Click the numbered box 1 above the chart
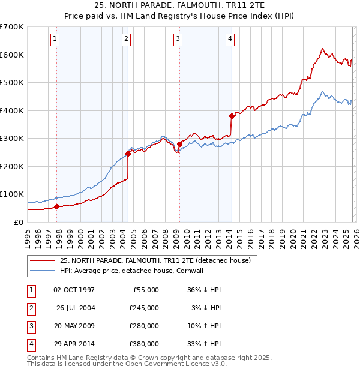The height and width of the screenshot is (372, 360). [x=55, y=40]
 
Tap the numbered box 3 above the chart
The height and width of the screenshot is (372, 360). [x=178, y=40]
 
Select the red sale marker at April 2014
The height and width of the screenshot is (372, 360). [x=232, y=116]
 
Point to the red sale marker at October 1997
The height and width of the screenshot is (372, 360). [x=56, y=206]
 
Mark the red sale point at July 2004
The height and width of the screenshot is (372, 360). [x=128, y=154]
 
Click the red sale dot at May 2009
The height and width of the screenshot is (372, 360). [x=179, y=144]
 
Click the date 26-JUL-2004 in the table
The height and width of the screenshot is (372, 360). [x=76, y=308]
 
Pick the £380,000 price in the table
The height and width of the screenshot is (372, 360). [x=143, y=344]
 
